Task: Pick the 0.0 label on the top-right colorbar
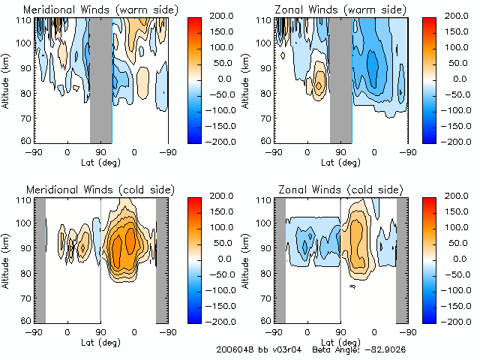(454, 79)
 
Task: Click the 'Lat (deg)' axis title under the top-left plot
(100, 161)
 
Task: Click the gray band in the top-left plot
(100, 79)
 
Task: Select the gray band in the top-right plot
(340, 79)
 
